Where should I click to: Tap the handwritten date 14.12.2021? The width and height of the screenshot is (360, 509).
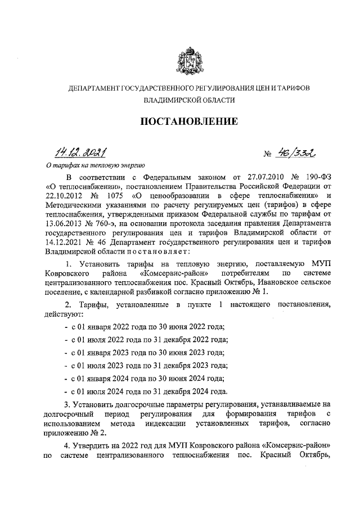point(80,151)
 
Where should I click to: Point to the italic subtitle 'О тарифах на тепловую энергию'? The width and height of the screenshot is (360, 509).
point(95,166)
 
